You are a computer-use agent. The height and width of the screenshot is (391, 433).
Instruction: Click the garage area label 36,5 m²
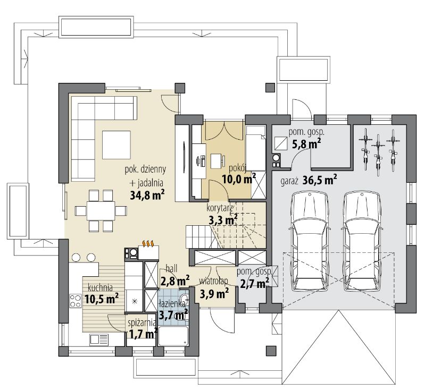(x=320, y=180)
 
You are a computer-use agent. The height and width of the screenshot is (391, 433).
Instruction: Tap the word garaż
(x=289, y=182)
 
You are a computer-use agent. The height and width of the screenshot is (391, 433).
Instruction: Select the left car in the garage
(x=309, y=241)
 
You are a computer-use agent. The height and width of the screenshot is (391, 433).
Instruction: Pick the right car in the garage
(x=362, y=241)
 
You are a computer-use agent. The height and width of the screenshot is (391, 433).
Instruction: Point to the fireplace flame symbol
(x=148, y=243)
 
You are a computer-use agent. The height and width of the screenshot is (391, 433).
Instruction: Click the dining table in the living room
(x=101, y=211)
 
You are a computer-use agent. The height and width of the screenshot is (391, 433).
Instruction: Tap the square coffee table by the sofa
(x=116, y=144)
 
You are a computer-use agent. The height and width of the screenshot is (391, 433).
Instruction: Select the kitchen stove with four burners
(x=76, y=301)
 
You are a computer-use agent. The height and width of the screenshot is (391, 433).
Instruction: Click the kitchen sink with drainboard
(x=98, y=339)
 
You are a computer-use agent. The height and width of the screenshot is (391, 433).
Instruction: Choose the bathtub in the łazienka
(x=173, y=336)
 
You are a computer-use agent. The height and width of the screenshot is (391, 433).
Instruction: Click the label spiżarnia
(x=141, y=322)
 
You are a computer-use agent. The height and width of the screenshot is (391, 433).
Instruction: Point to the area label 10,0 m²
(x=239, y=180)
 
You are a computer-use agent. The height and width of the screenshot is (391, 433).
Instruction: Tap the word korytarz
(x=220, y=208)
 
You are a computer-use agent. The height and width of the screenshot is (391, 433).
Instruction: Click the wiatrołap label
(x=213, y=281)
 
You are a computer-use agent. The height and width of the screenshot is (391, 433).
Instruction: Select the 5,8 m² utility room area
(x=306, y=143)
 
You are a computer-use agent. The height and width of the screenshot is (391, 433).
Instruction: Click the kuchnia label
(x=100, y=288)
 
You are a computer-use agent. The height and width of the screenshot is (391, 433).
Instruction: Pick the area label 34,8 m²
(x=147, y=195)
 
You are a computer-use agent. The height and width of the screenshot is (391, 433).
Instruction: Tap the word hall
(x=171, y=268)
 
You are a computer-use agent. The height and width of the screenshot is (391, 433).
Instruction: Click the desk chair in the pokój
(x=200, y=161)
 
